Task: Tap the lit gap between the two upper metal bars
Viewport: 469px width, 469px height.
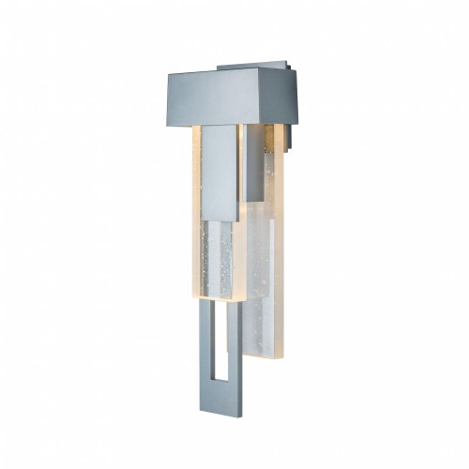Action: (x=242, y=159)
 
